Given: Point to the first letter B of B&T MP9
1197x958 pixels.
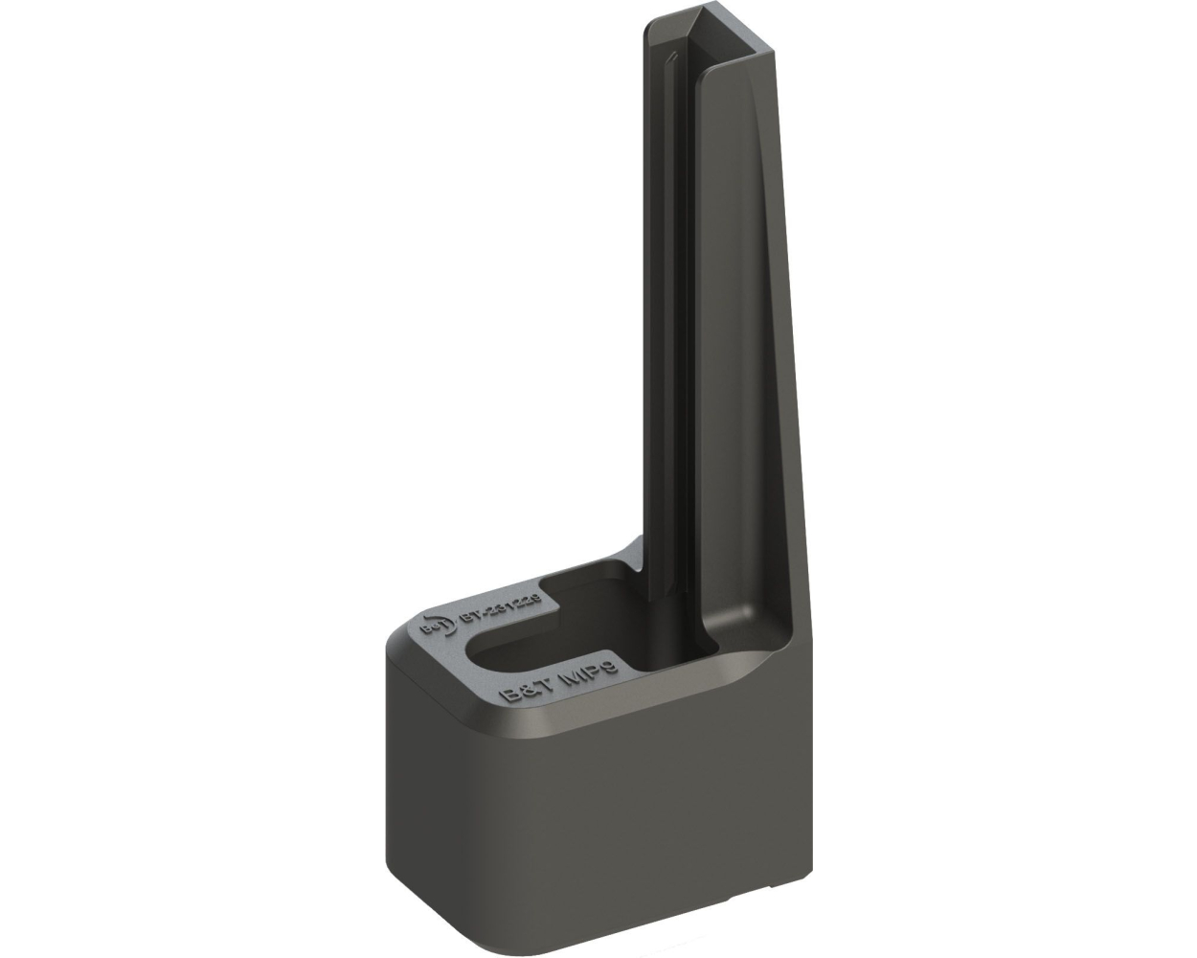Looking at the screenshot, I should (x=511, y=694).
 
